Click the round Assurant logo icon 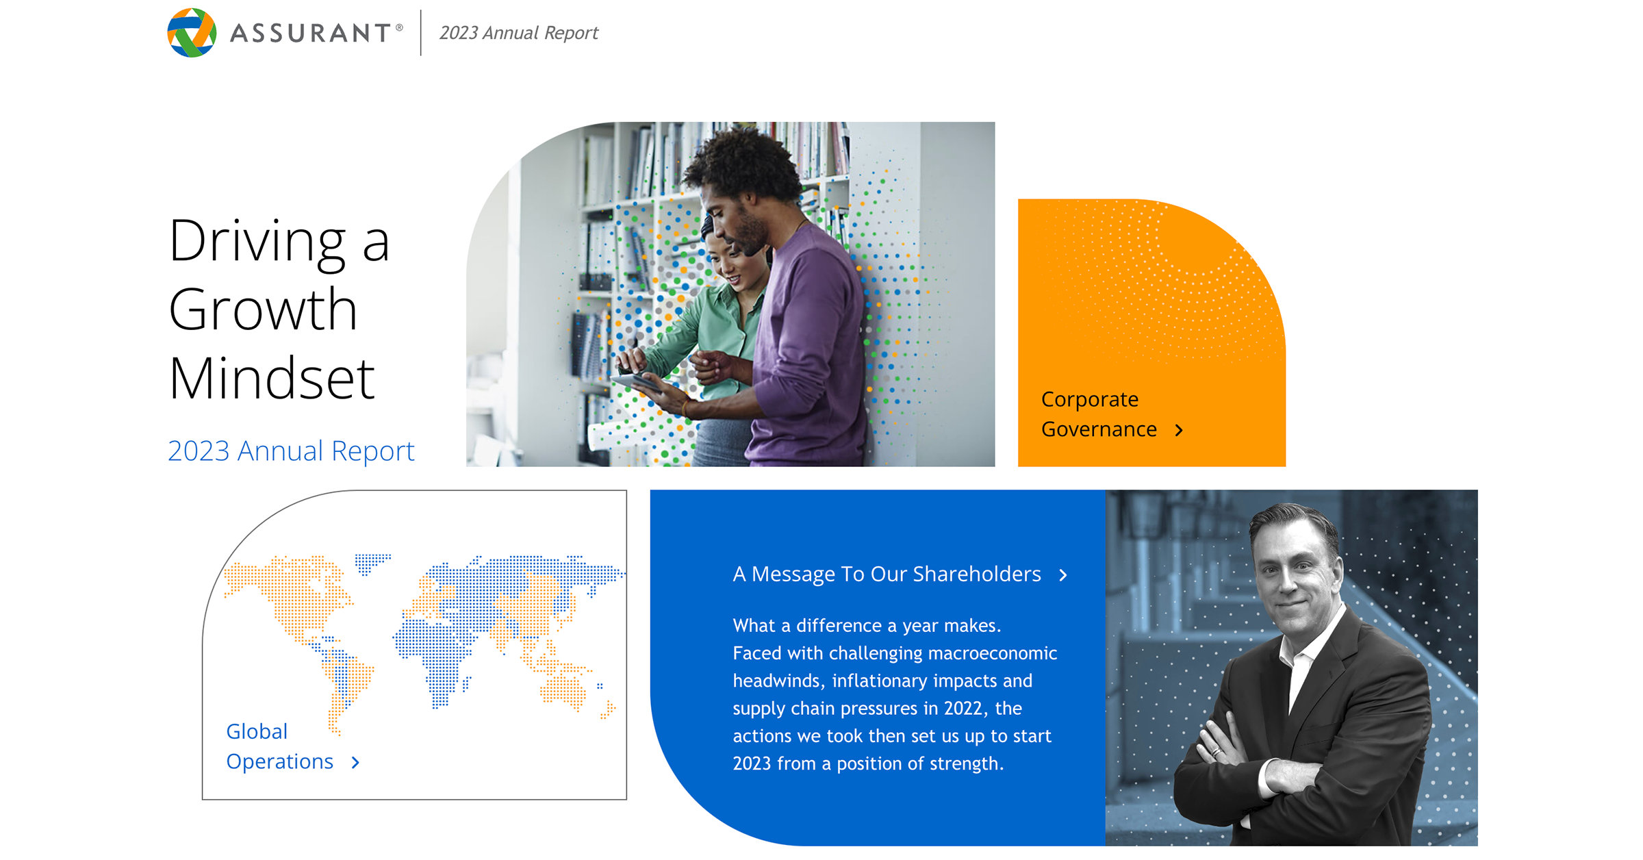coord(192,33)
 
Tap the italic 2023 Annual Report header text coord(518,33)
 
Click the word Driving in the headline coord(257,241)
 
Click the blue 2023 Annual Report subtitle coord(291,451)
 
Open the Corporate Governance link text coord(1098,414)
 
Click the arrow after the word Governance coord(1179,430)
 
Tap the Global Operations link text coord(279,746)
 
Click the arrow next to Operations coord(355,763)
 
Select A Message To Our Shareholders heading coord(887,574)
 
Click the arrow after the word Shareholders coord(1063,575)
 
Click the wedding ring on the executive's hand coord(1216,752)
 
